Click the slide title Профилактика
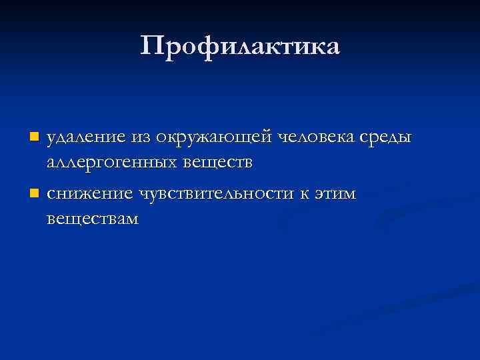click(x=240, y=46)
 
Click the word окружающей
click(x=213, y=137)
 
